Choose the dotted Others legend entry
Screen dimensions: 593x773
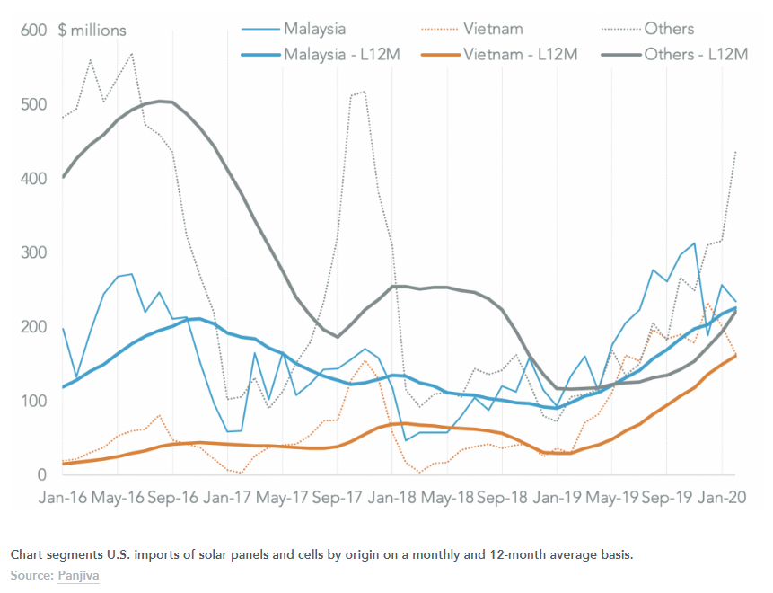pyautogui.click(x=669, y=30)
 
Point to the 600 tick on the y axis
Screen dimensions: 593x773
pyautogui.click(x=33, y=31)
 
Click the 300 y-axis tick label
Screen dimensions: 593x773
pyautogui.click(x=33, y=252)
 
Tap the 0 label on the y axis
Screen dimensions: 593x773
pyautogui.click(x=41, y=474)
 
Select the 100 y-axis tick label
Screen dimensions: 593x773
pyautogui.click(x=33, y=401)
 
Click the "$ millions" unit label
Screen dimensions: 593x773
pyautogui.click(x=92, y=31)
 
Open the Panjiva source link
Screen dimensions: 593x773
pyautogui.click(x=78, y=573)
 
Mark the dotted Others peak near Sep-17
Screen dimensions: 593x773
pyautogui.click(x=363, y=91)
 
